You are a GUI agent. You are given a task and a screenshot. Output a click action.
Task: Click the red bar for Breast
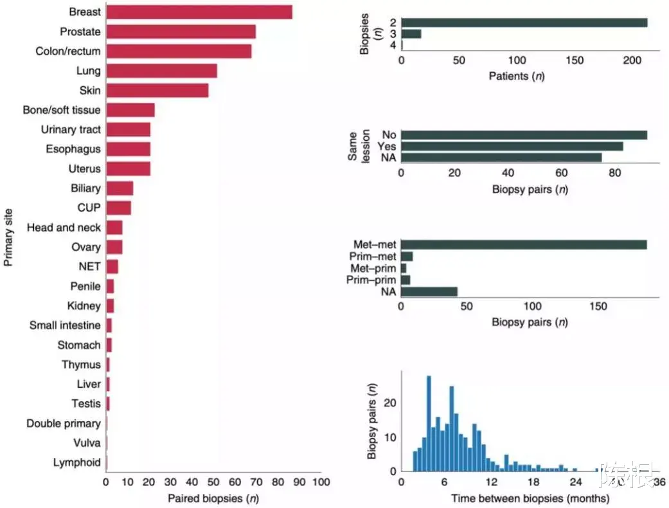[199, 12]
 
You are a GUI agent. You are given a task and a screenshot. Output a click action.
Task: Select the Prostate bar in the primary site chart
[181, 32]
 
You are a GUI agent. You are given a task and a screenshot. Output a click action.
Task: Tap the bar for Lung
[162, 71]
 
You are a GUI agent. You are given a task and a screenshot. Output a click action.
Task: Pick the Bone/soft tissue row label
[62, 110]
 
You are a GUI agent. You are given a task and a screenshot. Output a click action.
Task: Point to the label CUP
[89, 208]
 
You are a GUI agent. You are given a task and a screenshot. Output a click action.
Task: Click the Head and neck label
[64, 228]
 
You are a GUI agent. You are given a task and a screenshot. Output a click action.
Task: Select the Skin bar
[157, 90]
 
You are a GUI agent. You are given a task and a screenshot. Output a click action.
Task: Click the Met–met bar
[524, 244]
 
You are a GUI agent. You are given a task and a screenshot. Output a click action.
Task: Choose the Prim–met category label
[374, 257]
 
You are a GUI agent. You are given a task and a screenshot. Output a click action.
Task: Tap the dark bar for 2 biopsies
[524, 23]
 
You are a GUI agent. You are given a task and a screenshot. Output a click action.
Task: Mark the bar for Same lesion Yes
[512, 146]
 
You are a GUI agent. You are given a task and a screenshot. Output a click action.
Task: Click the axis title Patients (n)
[517, 77]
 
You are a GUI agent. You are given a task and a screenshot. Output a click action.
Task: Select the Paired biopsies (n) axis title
[213, 498]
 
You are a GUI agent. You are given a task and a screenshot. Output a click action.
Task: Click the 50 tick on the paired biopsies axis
[213, 482]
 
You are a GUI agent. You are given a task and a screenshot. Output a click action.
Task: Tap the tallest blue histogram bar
[429, 423]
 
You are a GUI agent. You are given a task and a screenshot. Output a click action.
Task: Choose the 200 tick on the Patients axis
[632, 60]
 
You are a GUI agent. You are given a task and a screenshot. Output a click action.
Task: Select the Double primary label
[64, 423]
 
